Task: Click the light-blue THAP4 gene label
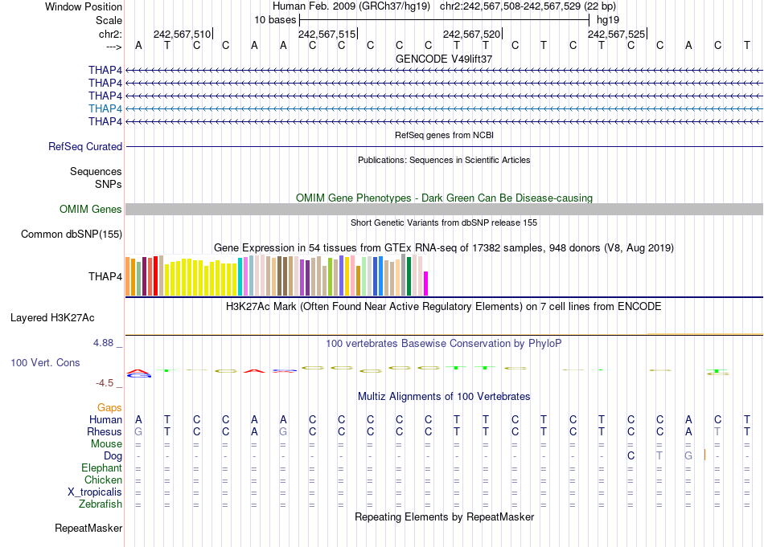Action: click(105, 108)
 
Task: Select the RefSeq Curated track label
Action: click(85, 147)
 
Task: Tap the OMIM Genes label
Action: click(91, 210)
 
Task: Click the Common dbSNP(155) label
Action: click(72, 235)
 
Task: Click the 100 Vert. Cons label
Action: click(45, 363)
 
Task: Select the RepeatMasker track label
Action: click(88, 529)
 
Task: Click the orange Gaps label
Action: click(109, 408)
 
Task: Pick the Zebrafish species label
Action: click(101, 504)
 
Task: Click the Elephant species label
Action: click(101, 468)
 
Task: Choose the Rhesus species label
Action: click(105, 432)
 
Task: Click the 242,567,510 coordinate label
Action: click(182, 35)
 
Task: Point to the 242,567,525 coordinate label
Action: click(616, 35)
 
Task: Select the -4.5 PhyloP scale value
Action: click(105, 383)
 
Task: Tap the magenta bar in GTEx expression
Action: click(426, 284)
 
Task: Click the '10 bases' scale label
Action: click(275, 20)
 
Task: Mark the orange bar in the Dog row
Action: click(704, 455)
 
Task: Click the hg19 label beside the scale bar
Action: click(606, 20)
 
